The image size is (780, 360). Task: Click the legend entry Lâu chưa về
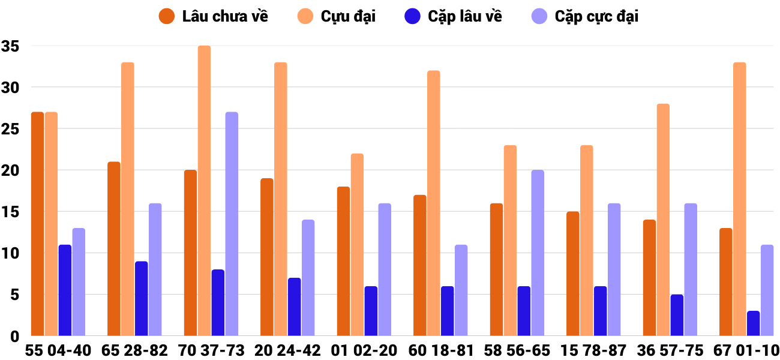[213, 16]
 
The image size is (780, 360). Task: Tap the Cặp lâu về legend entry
[454, 16]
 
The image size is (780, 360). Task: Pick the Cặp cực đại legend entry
[584, 16]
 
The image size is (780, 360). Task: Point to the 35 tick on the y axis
[11, 46]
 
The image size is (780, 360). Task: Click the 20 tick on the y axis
[11, 170]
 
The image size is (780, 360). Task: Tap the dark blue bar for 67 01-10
[753, 323]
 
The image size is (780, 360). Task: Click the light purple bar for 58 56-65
[538, 253]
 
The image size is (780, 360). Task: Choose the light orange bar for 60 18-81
[433, 203]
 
